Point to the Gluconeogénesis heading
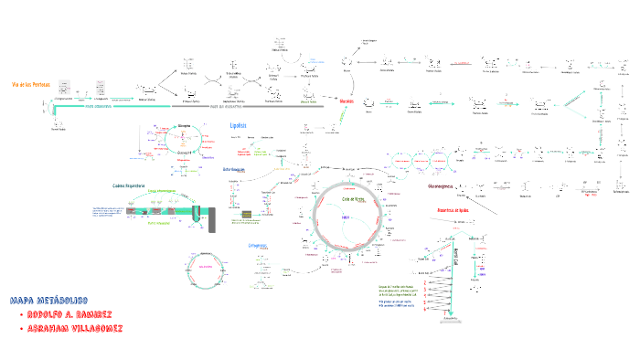point(448,186)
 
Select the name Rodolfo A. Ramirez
point(70,314)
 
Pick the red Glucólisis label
point(347,101)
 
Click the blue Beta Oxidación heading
point(234,170)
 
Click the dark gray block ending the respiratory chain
point(213,220)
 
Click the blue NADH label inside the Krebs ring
point(347,217)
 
